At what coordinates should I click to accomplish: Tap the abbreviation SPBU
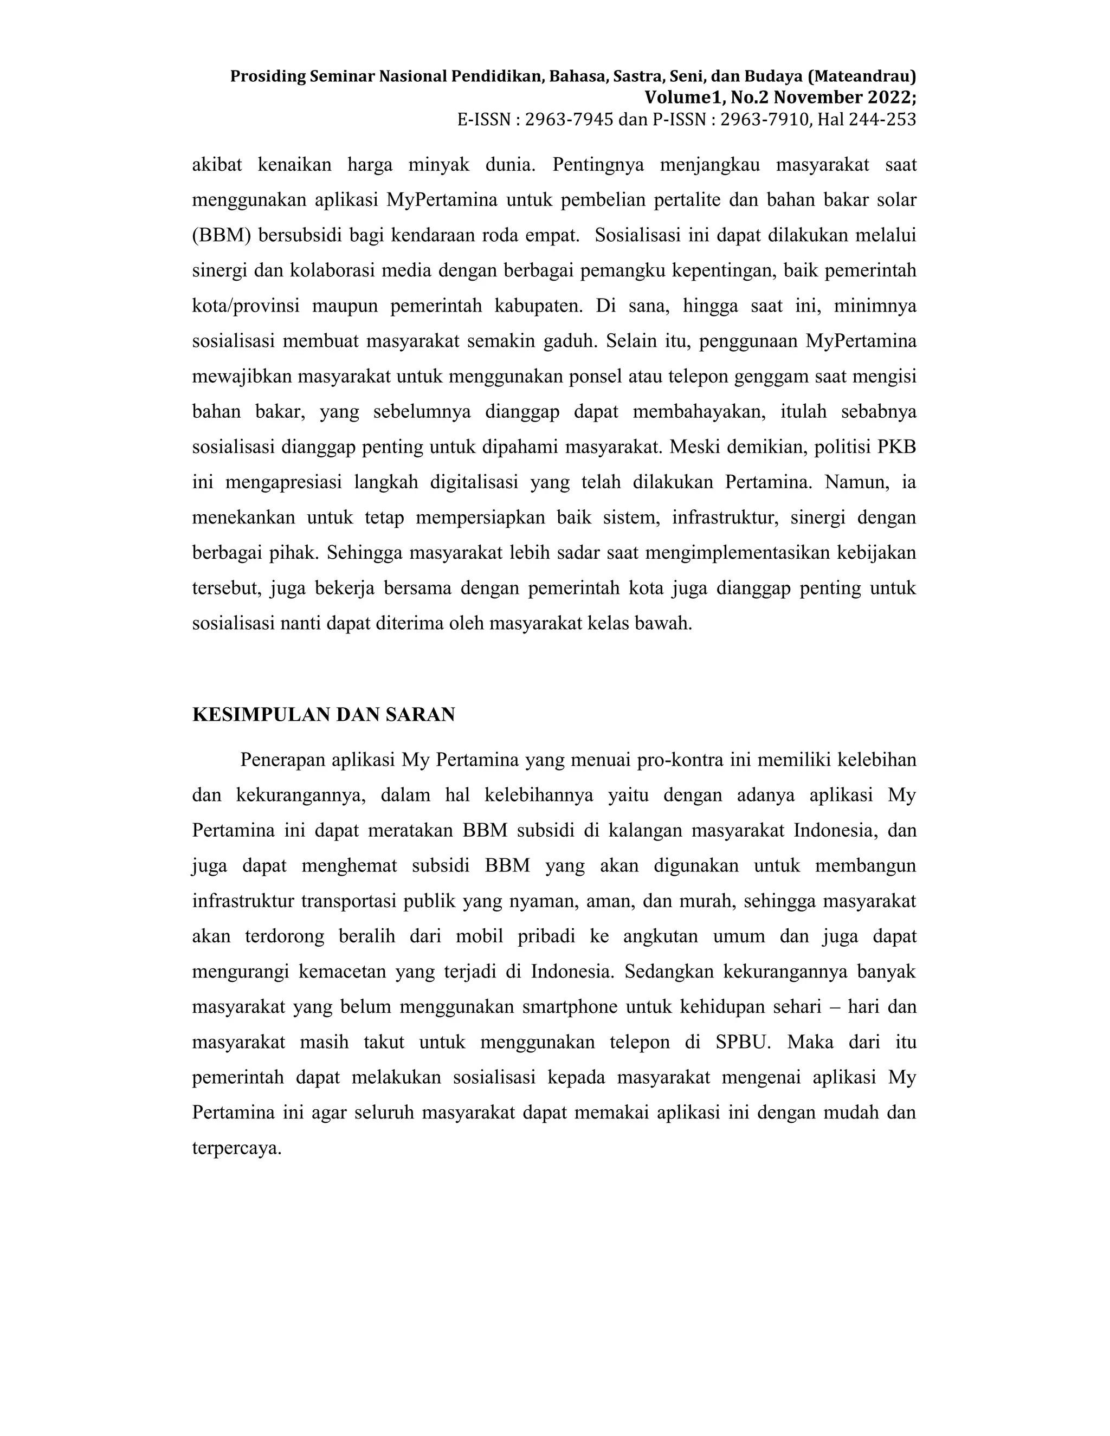tap(743, 1042)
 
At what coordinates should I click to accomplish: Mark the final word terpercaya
tap(237, 1148)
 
